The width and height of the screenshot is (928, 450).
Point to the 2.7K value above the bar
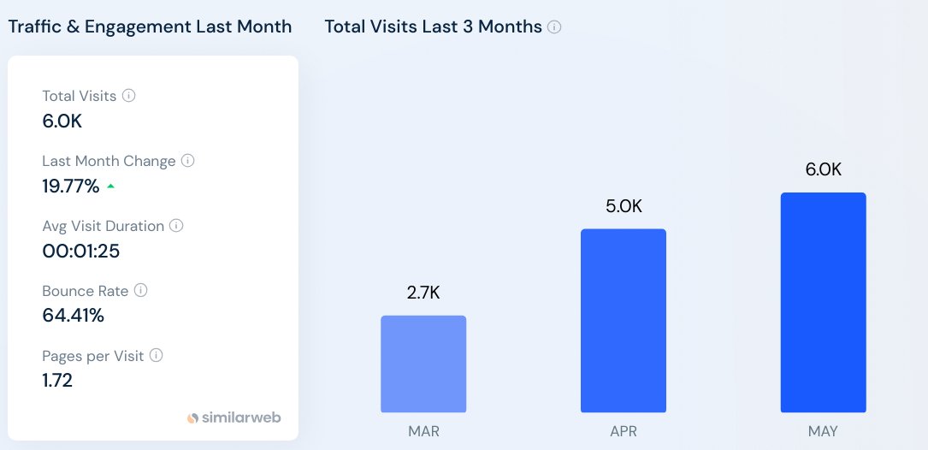423,293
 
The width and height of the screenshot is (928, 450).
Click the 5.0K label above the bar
624,206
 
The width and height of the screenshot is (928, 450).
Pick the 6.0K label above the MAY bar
823,169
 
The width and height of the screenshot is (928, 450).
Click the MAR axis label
423,431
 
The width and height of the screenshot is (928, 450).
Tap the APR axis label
624,431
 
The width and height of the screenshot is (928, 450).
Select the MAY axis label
823,431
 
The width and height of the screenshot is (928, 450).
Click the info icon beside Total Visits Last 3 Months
554,27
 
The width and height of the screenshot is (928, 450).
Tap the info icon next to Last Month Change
188,161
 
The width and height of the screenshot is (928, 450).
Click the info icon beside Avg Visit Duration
176,226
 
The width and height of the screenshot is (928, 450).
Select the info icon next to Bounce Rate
141,291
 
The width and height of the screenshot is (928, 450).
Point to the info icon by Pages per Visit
157,356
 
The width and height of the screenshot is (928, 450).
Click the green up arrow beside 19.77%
110,186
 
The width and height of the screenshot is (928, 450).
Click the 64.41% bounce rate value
73,316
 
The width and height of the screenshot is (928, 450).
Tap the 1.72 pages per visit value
57,381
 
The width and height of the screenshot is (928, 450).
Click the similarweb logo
233,418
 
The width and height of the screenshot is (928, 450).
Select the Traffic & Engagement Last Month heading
150,27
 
